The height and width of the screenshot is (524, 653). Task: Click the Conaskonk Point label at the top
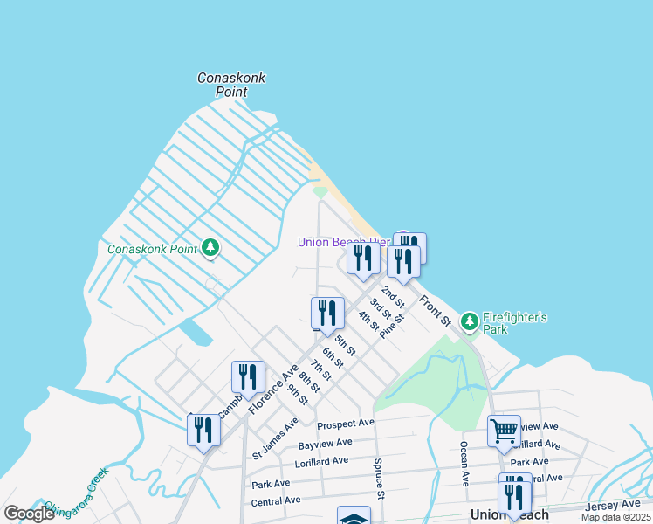click(x=231, y=85)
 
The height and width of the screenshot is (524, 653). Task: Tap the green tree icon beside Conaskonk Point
click(x=210, y=249)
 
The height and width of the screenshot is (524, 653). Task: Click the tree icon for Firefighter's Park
click(x=470, y=322)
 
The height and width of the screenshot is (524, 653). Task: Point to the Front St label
click(x=434, y=312)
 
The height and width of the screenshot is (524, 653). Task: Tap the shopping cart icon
click(x=504, y=431)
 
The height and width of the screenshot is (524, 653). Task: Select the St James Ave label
click(x=275, y=438)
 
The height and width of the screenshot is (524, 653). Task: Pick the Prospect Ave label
click(x=346, y=424)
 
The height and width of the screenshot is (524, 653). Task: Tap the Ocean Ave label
click(x=464, y=464)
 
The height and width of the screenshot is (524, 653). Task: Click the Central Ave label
click(x=276, y=501)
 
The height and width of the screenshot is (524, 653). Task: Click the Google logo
click(x=30, y=514)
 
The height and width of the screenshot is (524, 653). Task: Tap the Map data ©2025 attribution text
click(x=615, y=517)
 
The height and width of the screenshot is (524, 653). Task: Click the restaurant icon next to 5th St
click(x=327, y=313)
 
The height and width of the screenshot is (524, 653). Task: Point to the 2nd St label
click(x=393, y=296)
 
